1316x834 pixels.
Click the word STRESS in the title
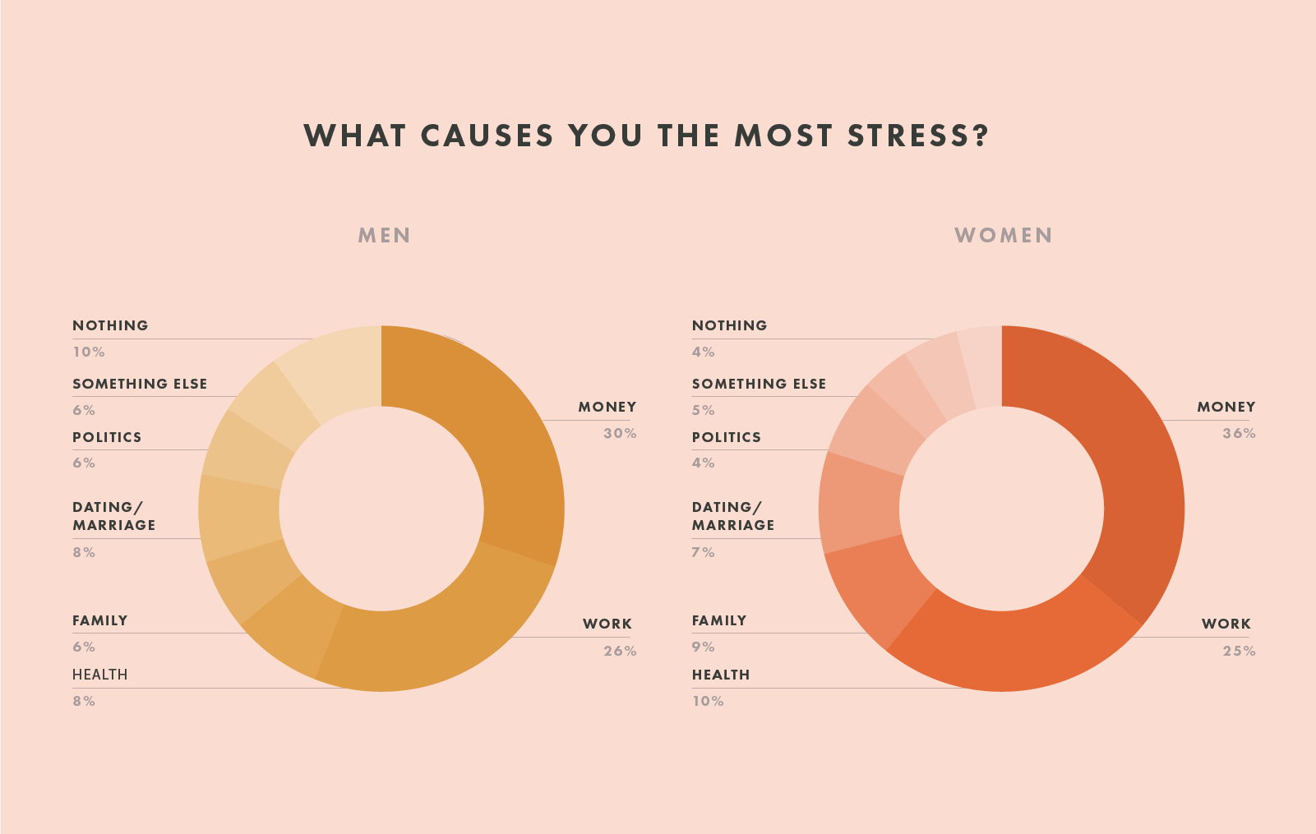917,136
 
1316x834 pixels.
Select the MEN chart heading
384,236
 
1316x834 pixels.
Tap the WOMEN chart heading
1003,236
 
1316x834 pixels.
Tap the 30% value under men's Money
620,434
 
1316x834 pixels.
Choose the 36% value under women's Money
1239,434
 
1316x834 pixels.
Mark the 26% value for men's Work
620,652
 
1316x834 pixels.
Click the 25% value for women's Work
1239,652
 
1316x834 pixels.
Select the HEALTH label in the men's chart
99,675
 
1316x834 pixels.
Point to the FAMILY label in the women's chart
719,621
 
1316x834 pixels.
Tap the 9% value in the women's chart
703,647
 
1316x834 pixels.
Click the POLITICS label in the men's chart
107,437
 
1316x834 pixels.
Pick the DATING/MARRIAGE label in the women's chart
732,516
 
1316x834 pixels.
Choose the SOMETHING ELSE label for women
759,384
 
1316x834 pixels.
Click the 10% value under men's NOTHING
88,352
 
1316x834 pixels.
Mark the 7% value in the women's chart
703,553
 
